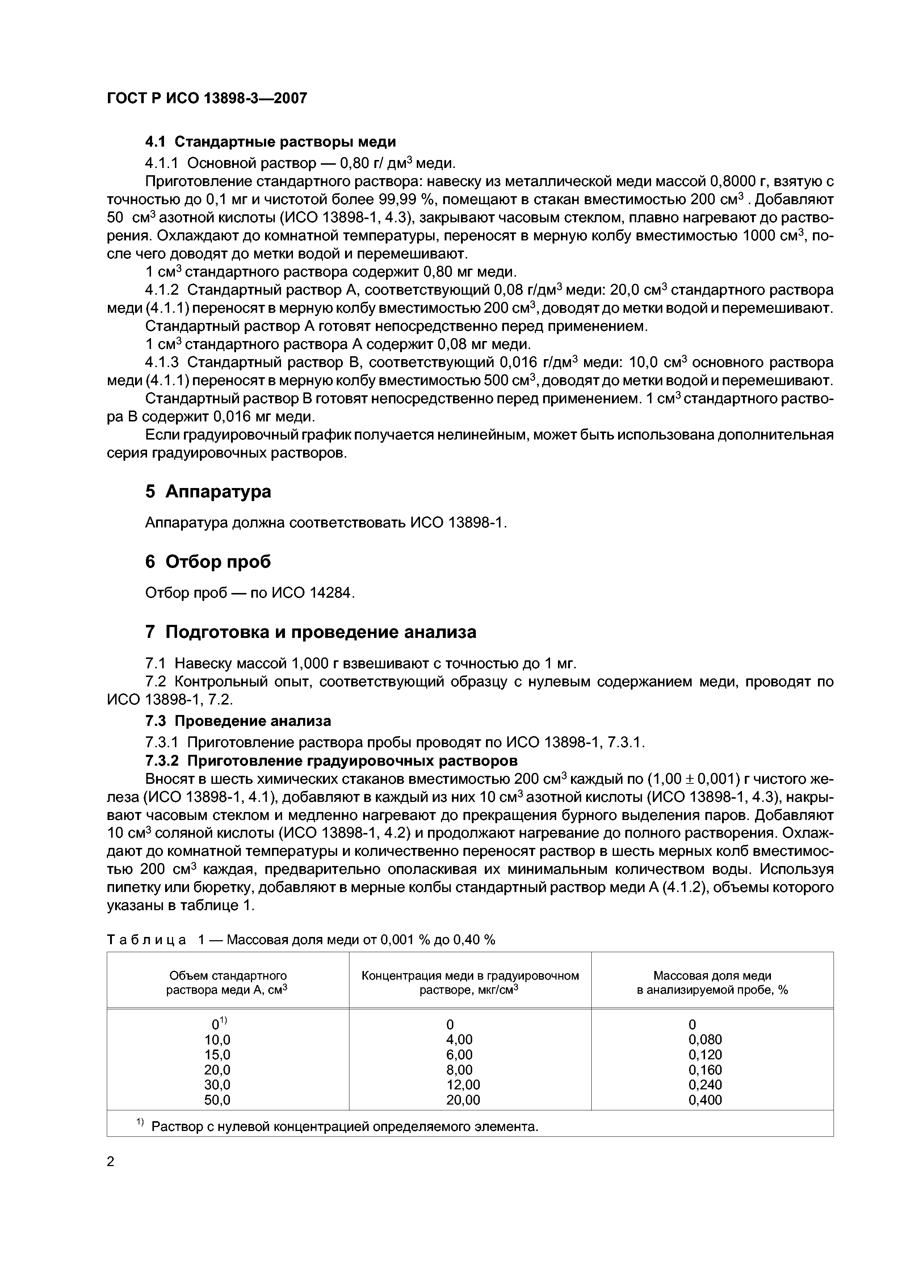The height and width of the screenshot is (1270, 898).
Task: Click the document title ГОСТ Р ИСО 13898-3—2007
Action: [x=207, y=98]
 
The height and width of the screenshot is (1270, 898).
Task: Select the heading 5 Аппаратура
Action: [x=208, y=491]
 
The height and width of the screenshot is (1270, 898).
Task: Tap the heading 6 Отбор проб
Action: [x=208, y=562]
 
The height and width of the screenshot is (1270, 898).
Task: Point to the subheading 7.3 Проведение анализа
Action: [x=238, y=721]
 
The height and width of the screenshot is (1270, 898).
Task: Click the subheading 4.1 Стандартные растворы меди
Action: [x=270, y=142]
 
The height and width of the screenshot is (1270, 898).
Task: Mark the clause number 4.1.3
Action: [x=161, y=363]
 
